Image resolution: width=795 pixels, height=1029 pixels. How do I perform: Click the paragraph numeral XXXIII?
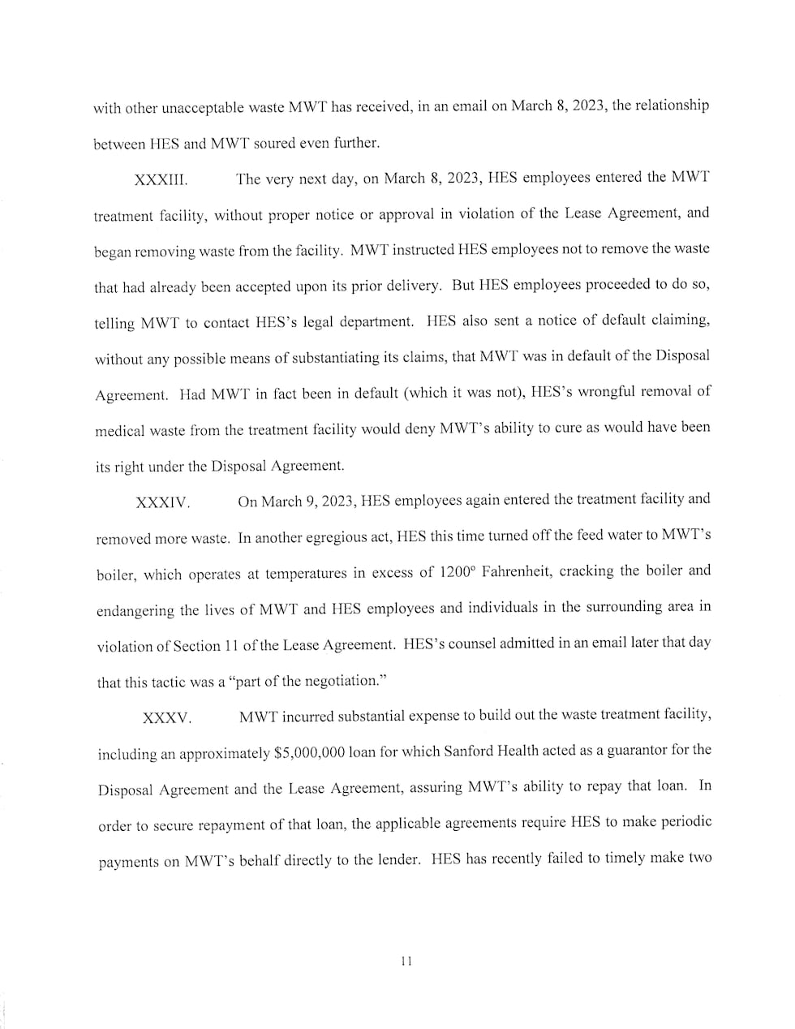tap(161, 180)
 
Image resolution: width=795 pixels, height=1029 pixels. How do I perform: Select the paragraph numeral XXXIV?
tap(163, 503)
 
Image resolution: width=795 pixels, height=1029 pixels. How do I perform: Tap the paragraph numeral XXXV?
tap(167, 718)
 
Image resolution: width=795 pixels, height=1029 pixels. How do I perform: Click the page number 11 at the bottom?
tap(406, 961)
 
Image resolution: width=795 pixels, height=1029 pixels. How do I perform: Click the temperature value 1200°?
tap(458, 572)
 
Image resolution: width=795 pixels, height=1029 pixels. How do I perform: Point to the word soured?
tap(282, 144)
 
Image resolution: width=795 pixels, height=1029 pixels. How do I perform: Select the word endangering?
tap(136, 610)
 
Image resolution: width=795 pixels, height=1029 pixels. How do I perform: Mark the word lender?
tap(397, 859)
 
